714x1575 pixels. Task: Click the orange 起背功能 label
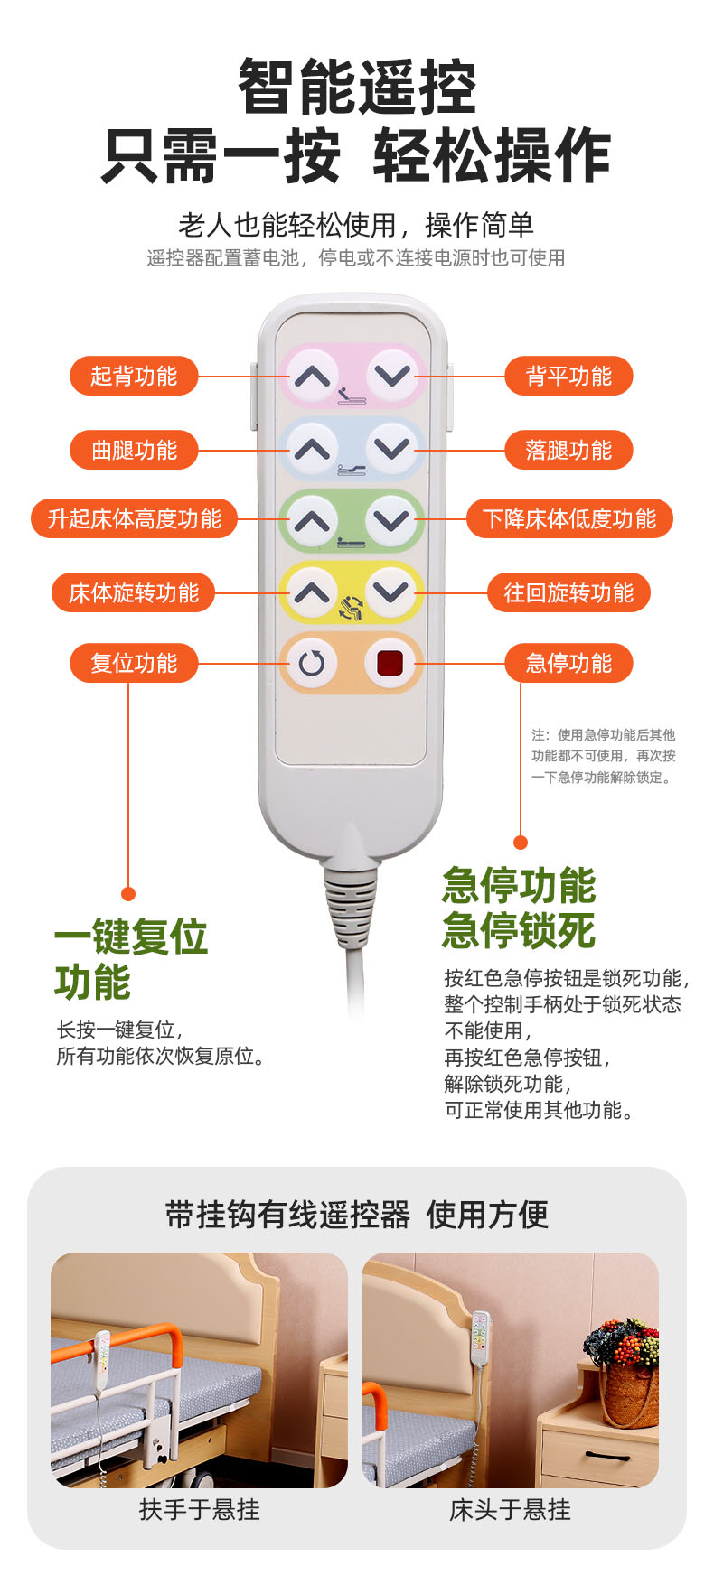tap(134, 376)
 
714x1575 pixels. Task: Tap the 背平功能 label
tap(568, 376)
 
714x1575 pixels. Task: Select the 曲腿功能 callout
tap(134, 450)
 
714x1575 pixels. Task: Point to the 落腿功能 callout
tap(568, 450)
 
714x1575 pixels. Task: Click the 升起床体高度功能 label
tap(134, 518)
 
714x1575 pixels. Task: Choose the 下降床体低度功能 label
tap(569, 518)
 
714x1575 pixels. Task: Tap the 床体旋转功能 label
tap(134, 592)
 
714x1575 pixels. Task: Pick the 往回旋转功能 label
tap(568, 592)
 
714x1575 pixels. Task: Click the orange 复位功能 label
tap(134, 663)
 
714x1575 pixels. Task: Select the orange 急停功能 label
tap(568, 663)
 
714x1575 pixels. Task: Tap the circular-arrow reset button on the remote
tap(312, 664)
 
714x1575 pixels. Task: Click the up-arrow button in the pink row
tap(313, 375)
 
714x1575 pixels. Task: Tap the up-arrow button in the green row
tap(312, 520)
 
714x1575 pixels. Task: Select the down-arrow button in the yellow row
tap(391, 592)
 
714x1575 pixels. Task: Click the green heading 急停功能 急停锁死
tap(519, 908)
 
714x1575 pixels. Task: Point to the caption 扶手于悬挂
tap(200, 1509)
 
